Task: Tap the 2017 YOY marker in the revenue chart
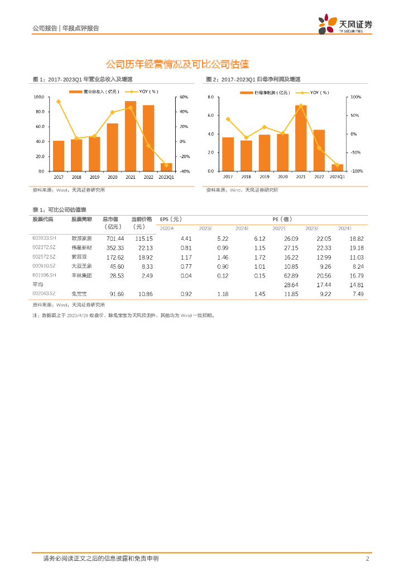pyautogui.click(x=59, y=102)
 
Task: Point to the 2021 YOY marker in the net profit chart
pyautogui.click(x=301, y=106)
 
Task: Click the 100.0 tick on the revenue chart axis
pyautogui.click(x=39, y=97)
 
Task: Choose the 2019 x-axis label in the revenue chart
pyautogui.click(x=94, y=177)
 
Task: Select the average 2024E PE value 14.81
pyautogui.click(x=357, y=284)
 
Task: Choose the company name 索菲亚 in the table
pyautogui.click(x=79, y=257)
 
